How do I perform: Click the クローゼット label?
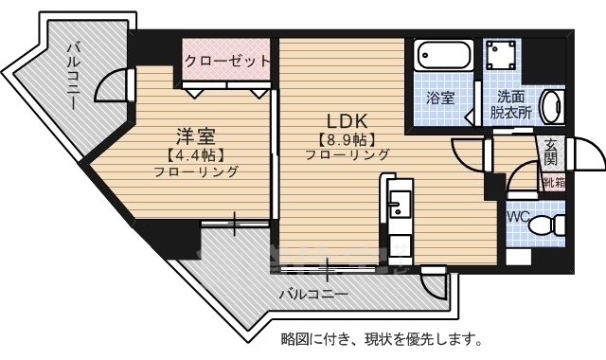click(x=227, y=61)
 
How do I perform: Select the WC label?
click(x=519, y=215)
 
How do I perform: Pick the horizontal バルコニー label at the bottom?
click(x=312, y=295)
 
